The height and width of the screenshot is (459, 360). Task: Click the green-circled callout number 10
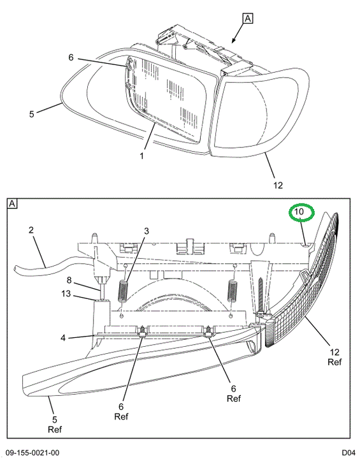click(x=299, y=212)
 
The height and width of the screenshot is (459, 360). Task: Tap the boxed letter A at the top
click(x=248, y=18)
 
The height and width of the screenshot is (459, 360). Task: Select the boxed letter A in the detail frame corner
click(x=12, y=203)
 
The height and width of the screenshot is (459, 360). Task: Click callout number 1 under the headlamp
click(x=142, y=156)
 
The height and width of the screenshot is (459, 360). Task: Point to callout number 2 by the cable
click(x=31, y=230)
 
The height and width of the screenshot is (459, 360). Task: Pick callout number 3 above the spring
click(x=147, y=231)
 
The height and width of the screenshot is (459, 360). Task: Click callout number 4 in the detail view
click(x=63, y=338)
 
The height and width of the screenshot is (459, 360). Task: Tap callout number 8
click(x=69, y=280)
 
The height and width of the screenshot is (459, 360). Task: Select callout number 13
click(x=66, y=293)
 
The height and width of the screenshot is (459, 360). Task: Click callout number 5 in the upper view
click(x=32, y=114)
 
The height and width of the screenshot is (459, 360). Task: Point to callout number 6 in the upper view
click(x=71, y=57)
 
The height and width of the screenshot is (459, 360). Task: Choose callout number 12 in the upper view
click(x=278, y=185)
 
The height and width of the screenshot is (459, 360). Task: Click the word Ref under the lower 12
click(x=335, y=362)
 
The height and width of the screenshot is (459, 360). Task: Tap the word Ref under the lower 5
click(x=55, y=430)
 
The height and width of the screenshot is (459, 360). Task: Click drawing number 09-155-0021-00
click(x=32, y=453)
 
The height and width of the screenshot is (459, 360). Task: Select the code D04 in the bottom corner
click(x=349, y=453)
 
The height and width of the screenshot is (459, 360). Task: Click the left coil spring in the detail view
click(x=123, y=291)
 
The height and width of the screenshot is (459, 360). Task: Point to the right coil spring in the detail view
click(x=233, y=291)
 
